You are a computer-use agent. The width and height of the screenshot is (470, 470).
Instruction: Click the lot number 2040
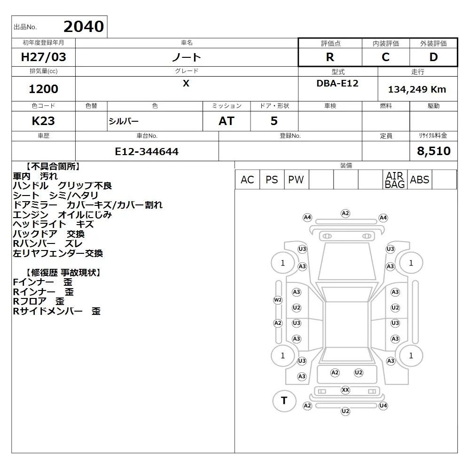pos(84,26)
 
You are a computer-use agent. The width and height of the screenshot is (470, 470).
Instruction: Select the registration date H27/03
pos(43,57)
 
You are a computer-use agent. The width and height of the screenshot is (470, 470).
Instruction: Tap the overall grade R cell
pos(330,57)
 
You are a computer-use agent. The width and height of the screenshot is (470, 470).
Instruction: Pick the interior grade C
pos(385,57)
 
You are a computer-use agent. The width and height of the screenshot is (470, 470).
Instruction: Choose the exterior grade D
pos(433,57)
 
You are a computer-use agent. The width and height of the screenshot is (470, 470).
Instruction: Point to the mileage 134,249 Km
pos(417,89)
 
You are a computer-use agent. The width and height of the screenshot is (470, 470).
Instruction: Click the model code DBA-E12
pos(337,83)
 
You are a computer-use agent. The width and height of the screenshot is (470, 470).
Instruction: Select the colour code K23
pos(43,121)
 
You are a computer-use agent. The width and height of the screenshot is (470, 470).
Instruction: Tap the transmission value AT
pos(227,121)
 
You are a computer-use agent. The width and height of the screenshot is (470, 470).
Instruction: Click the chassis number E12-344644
pos(147,151)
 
